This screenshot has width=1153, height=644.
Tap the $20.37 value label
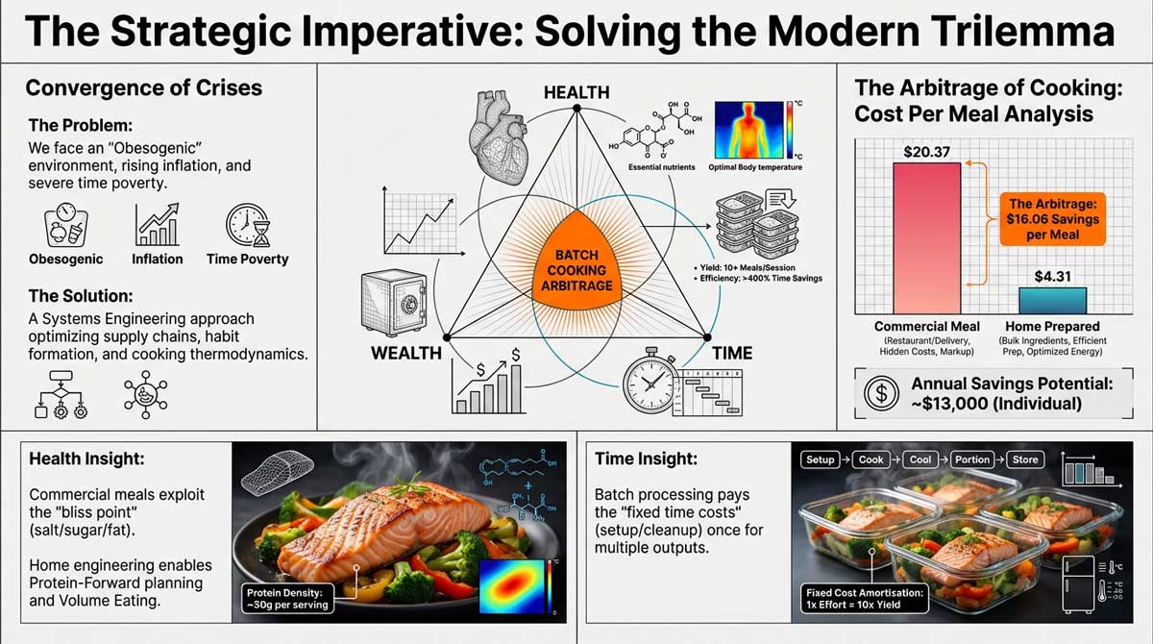[x=926, y=150]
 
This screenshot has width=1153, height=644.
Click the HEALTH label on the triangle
[x=576, y=92]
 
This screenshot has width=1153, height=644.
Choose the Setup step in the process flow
[x=820, y=459]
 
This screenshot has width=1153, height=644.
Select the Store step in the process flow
[x=1025, y=459]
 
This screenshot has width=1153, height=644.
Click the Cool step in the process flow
[x=920, y=459]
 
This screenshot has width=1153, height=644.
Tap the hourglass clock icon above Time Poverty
[x=245, y=226]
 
